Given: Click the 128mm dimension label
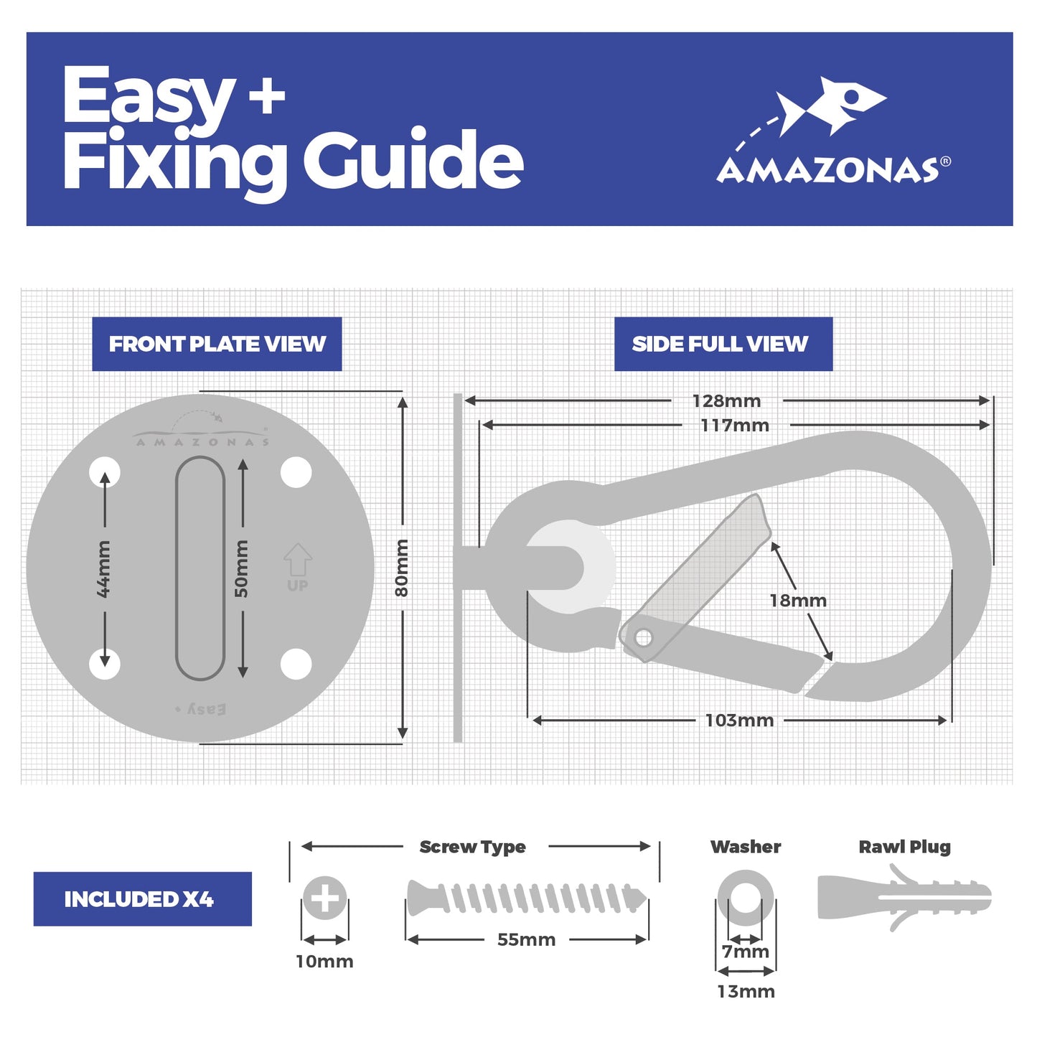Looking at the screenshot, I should click(726, 400).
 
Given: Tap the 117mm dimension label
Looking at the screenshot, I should click(735, 426).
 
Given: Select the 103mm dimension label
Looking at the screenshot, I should click(739, 720).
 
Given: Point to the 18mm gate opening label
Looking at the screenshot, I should click(798, 600).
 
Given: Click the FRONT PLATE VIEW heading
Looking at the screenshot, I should click(217, 344).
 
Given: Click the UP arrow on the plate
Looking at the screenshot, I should click(297, 560).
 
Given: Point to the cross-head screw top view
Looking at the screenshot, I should click(324, 898).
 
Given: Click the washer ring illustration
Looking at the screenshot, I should click(746, 898).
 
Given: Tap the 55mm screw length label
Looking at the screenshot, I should click(526, 939).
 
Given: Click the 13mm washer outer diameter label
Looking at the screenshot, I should click(746, 991).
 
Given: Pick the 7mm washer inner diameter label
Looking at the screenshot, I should click(746, 952).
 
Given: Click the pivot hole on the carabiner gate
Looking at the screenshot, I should click(643, 637).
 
